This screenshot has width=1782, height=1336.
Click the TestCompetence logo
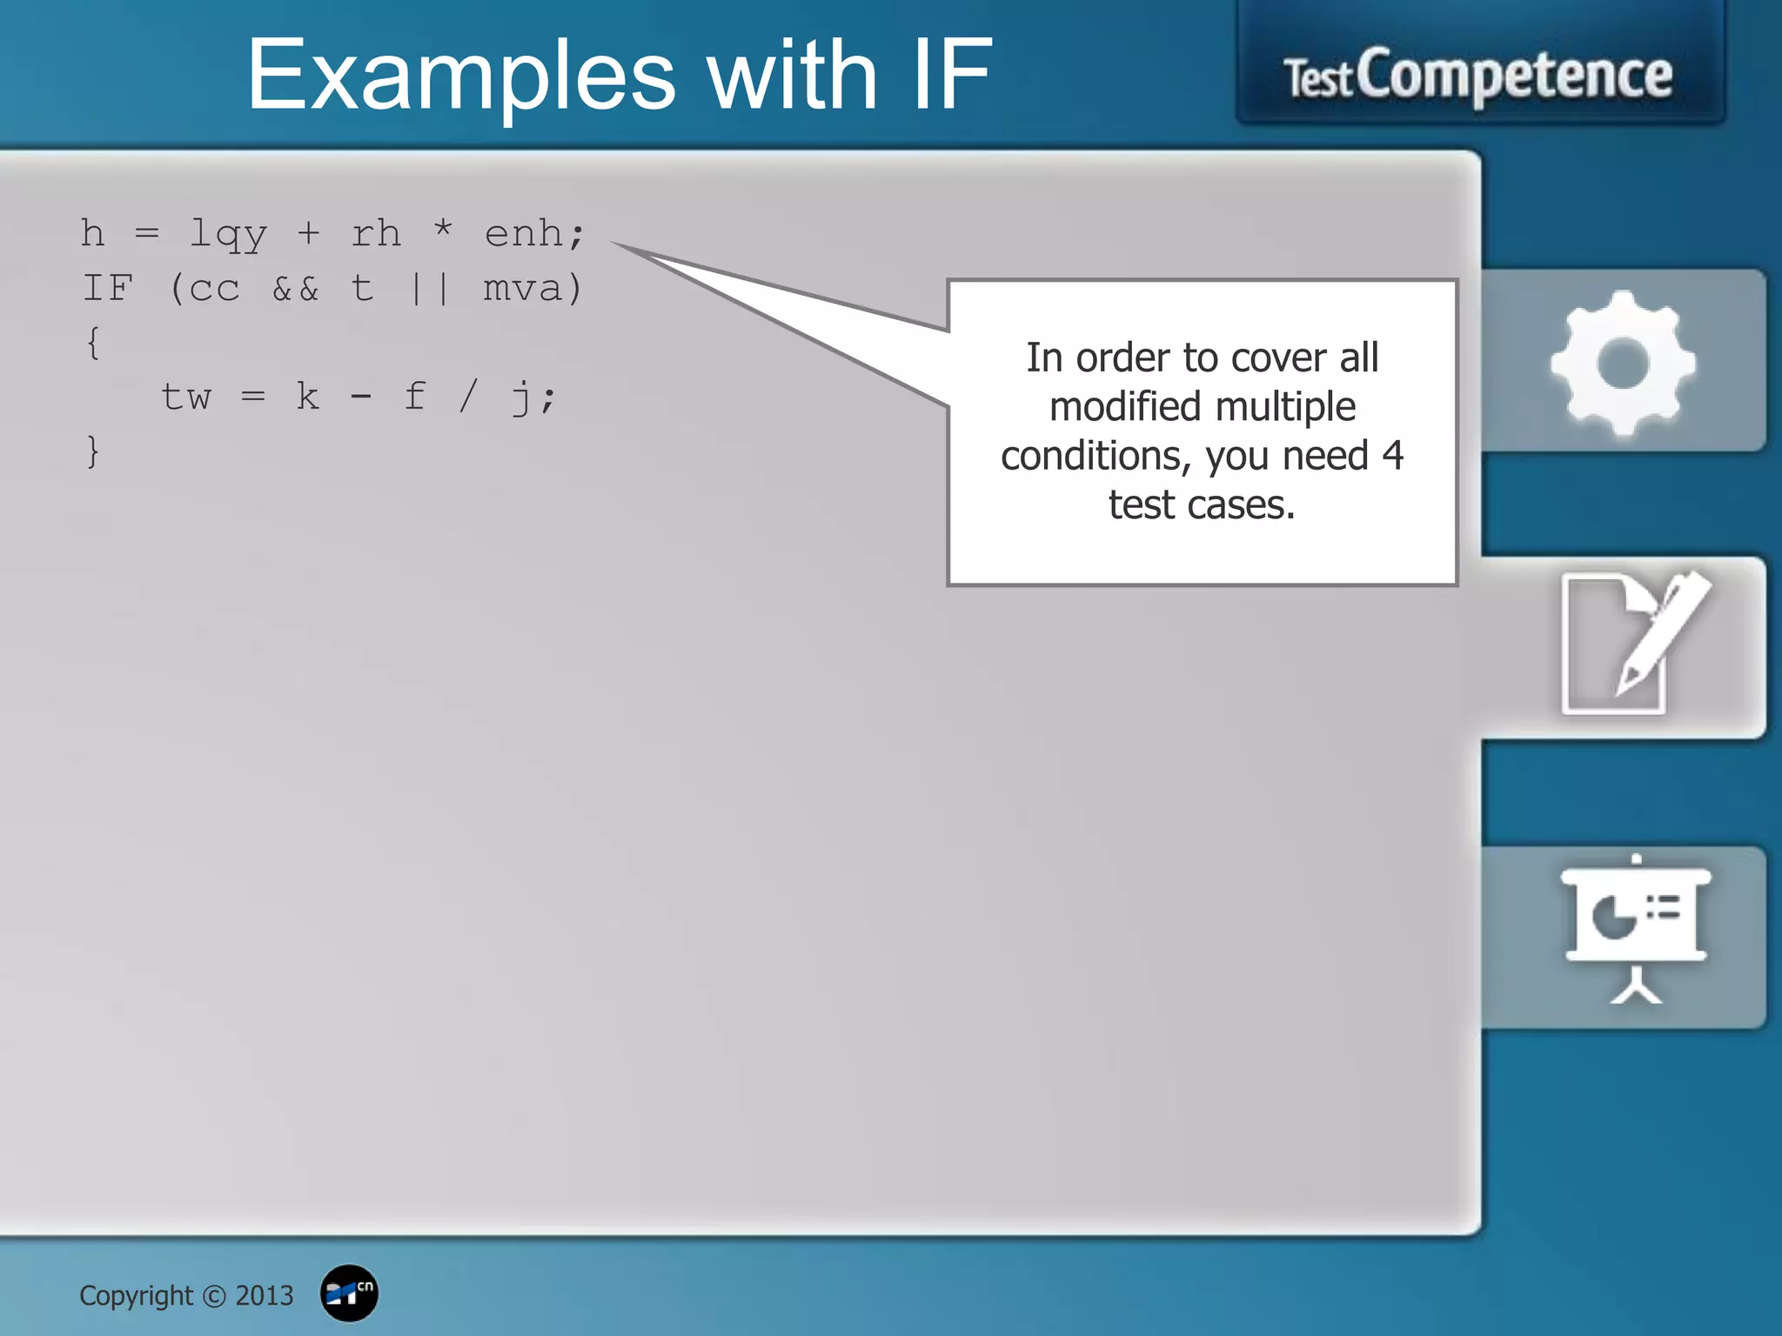click(x=1478, y=77)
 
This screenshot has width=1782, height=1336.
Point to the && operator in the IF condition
click(x=296, y=289)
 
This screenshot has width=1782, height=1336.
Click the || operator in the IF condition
click(x=430, y=289)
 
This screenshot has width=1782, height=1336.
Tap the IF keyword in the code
click(x=108, y=289)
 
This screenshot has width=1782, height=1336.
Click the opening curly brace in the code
click(x=93, y=343)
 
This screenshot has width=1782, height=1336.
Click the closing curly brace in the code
click(x=93, y=451)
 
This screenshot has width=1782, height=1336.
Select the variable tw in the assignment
click(x=186, y=397)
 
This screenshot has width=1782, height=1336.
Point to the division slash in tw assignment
click(x=468, y=397)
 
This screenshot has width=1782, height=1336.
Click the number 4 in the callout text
click(x=1392, y=456)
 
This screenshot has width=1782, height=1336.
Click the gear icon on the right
click(x=1623, y=363)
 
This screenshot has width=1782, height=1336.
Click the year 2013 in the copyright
click(x=265, y=1296)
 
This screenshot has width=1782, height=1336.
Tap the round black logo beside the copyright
click(x=349, y=1293)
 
